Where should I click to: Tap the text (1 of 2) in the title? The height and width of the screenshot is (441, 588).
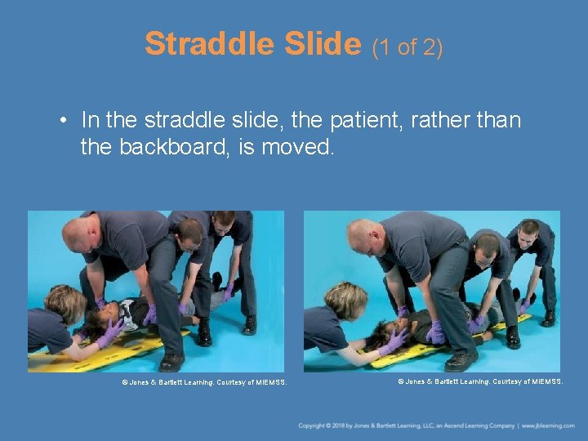(x=408, y=47)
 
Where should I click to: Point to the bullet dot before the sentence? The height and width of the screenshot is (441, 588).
(x=63, y=121)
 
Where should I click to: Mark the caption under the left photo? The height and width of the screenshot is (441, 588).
(x=204, y=381)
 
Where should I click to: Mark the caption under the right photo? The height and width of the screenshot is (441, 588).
(x=480, y=381)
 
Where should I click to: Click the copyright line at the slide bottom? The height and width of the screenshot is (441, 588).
(x=406, y=425)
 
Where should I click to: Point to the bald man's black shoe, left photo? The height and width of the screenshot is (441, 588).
(x=171, y=361)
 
